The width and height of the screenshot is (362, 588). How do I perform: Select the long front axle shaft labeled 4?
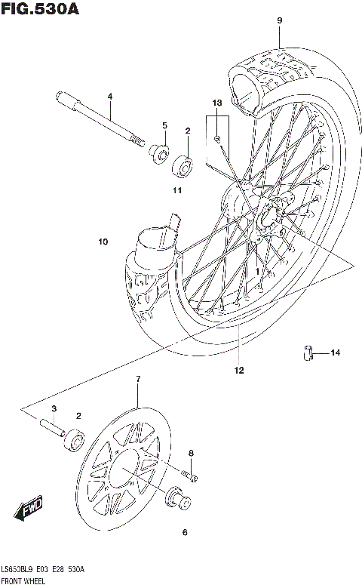point(98,120)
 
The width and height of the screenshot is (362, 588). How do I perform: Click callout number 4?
point(109,97)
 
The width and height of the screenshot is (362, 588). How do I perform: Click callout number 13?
point(216,102)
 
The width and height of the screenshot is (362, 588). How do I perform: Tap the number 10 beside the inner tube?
point(103,242)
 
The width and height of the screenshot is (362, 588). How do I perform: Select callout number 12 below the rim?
point(239,370)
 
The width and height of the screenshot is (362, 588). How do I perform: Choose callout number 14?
point(335,352)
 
